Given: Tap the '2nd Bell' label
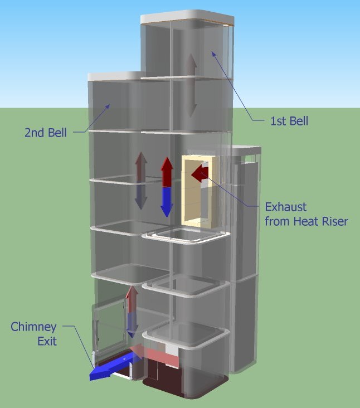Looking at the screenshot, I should click(45, 133).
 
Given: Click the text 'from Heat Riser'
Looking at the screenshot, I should click(306, 221).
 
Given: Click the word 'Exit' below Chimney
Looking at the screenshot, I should click(47, 341).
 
